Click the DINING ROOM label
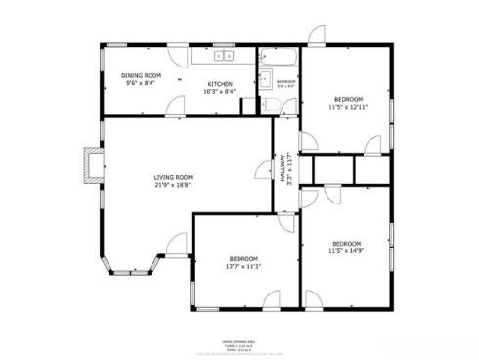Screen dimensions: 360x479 [142, 75]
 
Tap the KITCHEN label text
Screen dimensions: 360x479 [220, 84]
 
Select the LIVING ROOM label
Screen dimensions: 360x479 [173, 177]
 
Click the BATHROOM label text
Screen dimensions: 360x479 [285, 81]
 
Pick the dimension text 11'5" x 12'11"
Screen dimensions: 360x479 [349, 107]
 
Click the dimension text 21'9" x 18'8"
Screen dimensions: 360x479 [173, 185]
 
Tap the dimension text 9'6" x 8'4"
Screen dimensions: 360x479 [141, 83]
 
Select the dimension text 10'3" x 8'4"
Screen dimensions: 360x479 [220, 92]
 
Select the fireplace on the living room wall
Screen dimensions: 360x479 [92, 164]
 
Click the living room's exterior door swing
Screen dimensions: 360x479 [178, 245]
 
